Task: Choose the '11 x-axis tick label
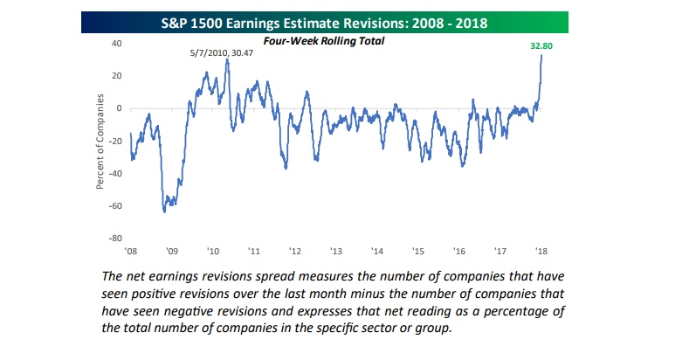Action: (x=253, y=250)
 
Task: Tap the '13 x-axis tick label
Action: (x=335, y=250)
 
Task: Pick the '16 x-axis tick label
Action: (x=459, y=250)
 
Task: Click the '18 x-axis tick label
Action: (x=541, y=250)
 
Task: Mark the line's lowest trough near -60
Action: (x=163, y=211)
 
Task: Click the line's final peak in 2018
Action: (x=541, y=55)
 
